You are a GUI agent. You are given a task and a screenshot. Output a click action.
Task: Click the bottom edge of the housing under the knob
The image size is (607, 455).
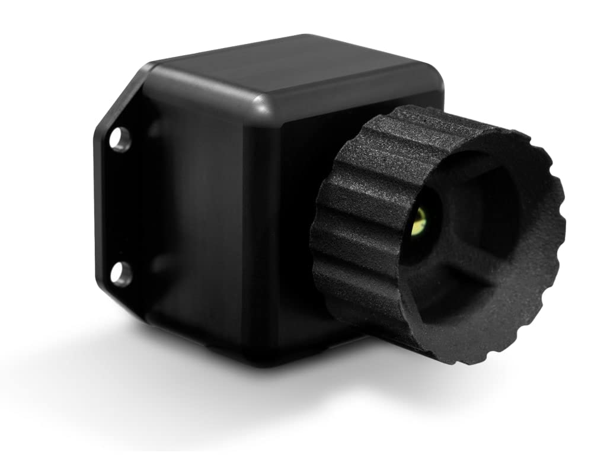285,355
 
